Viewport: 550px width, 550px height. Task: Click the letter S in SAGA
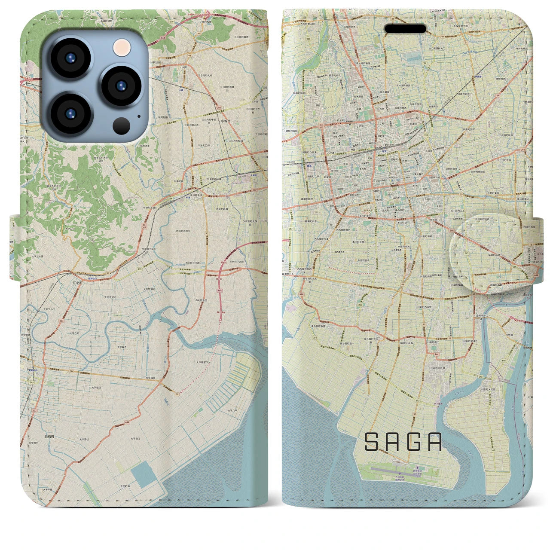371,442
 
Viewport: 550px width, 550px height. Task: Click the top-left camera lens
70,58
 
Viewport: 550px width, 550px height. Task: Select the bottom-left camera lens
70,113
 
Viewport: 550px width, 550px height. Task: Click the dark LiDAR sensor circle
122,126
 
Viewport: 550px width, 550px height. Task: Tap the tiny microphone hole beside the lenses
138,116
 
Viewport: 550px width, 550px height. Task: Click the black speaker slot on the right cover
405,29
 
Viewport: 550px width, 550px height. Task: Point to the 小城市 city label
225,122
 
